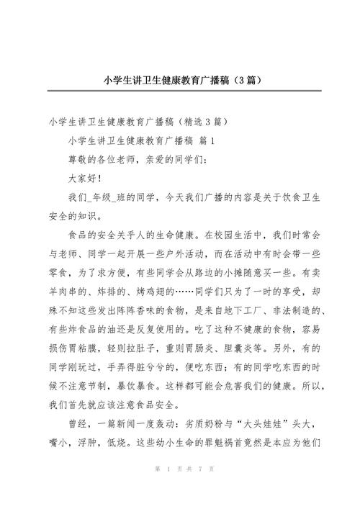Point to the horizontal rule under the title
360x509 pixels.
[x=179, y=91]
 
